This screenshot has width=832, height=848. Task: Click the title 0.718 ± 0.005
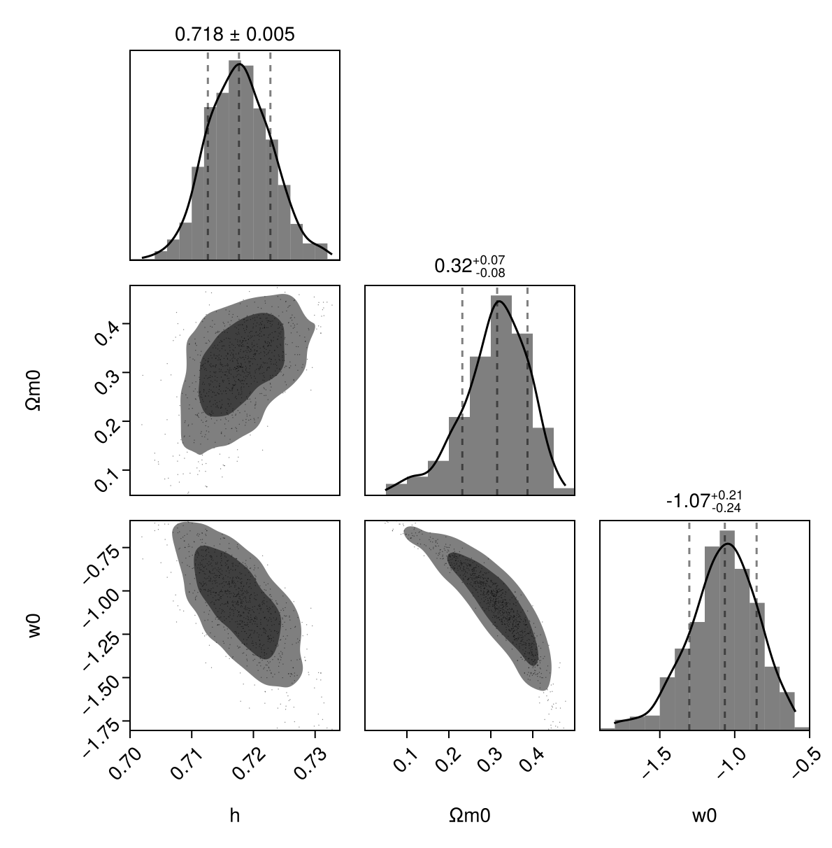click(234, 34)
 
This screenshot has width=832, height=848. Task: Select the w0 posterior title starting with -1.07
click(703, 501)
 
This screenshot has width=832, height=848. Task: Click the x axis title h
click(235, 815)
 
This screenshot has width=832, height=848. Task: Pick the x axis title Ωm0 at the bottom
click(470, 815)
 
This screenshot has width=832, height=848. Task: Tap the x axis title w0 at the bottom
click(705, 815)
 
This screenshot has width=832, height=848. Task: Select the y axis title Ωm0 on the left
click(34, 390)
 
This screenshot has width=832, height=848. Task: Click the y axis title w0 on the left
click(34, 626)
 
